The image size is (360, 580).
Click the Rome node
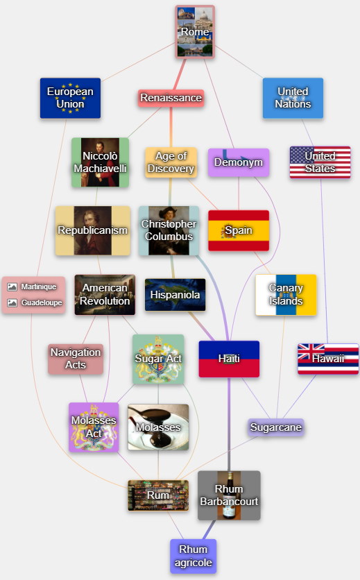point(195,32)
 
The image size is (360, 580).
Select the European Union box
point(70,98)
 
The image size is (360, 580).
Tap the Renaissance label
point(171,98)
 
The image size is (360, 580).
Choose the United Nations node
point(293,98)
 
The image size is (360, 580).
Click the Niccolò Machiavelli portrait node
point(101,162)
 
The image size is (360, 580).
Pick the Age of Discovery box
point(171,162)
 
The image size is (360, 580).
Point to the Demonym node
point(239,162)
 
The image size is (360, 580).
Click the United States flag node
point(320,162)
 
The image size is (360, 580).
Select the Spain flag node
point(239,230)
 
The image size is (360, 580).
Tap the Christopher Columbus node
point(169,230)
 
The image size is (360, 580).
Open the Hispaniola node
point(175,295)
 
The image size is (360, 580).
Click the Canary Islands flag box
point(286,295)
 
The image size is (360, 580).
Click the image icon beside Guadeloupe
point(12,302)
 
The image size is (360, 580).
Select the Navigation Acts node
point(76,359)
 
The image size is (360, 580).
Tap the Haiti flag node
point(229,359)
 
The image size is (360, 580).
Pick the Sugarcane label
point(276,427)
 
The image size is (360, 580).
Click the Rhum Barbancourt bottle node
point(229,495)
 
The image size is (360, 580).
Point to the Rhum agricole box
point(194,556)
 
